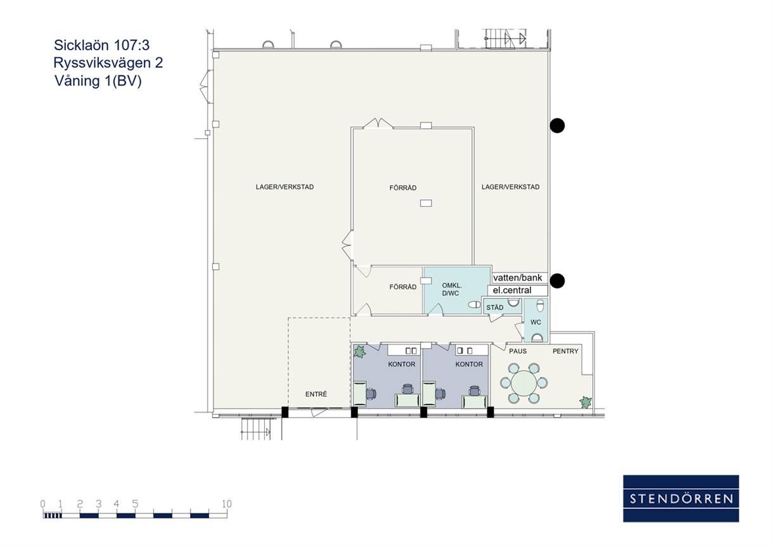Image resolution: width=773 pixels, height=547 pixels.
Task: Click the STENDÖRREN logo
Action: click(681, 498)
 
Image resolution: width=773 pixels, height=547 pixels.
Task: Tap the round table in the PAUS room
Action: click(524, 383)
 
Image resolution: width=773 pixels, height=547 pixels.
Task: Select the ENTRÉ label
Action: click(316, 394)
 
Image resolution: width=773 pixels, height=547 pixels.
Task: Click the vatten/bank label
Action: click(518, 278)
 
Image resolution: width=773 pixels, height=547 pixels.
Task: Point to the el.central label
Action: click(512, 290)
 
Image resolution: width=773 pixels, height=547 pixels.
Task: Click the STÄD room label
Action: click(495, 307)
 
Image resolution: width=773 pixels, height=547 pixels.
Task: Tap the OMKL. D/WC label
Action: click(451, 290)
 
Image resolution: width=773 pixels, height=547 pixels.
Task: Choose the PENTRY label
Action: click(565, 351)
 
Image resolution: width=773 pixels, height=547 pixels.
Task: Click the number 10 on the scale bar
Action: click(227, 504)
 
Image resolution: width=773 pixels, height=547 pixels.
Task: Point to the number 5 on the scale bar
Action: click(135, 504)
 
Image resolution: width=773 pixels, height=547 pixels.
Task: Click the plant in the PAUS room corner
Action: click(585, 402)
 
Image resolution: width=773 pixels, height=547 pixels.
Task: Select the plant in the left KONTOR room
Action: click(360, 352)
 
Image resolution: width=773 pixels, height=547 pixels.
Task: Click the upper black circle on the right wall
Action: click(557, 125)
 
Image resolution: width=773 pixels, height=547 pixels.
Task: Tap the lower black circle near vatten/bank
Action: click(557, 281)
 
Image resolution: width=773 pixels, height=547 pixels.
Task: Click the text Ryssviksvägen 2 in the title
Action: click(108, 63)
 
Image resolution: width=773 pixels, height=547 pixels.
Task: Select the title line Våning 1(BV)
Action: click(98, 81)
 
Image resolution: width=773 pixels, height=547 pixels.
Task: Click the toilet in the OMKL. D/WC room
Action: click(475, 305)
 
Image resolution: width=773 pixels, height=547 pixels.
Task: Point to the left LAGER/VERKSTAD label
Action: click(284, 187)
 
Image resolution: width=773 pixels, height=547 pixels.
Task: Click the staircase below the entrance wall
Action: click(256, 428)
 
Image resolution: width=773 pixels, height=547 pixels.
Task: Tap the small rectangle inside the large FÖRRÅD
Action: click(426, 203)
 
